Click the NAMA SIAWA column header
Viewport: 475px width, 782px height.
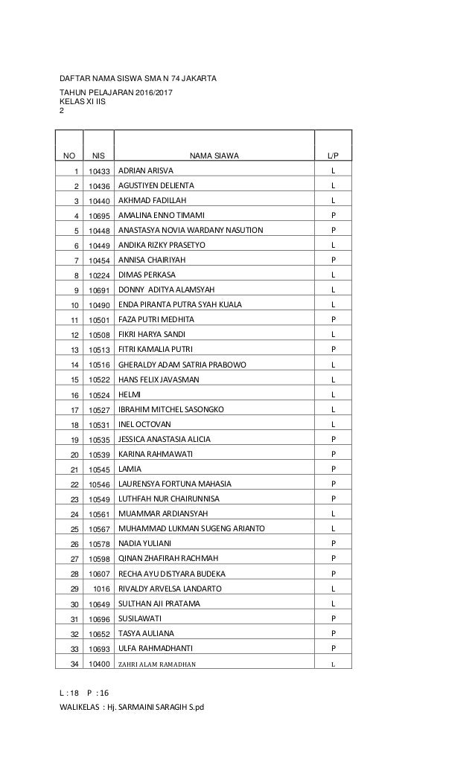pos(214,156)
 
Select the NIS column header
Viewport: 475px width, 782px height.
pos(98,156)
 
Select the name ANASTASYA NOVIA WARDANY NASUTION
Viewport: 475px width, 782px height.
pos(191,230)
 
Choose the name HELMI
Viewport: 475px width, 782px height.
pos(130,394)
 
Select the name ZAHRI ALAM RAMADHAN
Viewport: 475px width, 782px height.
pos(158,664)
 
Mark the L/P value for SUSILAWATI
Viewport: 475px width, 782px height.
pos(333,618)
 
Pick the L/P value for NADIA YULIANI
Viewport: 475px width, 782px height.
pos(333,543)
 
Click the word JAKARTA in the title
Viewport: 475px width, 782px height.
pos(197,77)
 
